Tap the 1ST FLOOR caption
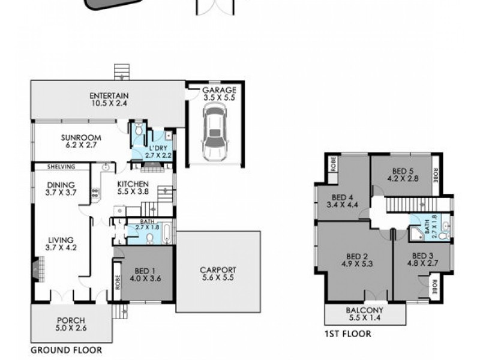pos(348,334)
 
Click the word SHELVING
pos(62,167)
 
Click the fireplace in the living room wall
pos(38,268)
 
